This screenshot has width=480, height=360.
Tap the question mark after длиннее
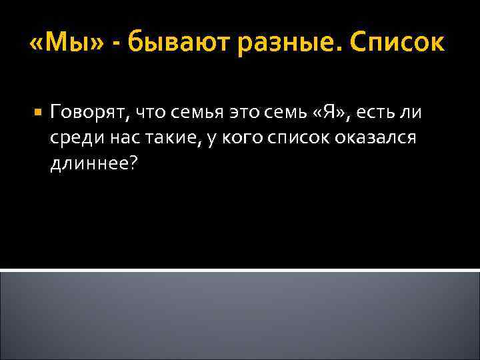133,164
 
